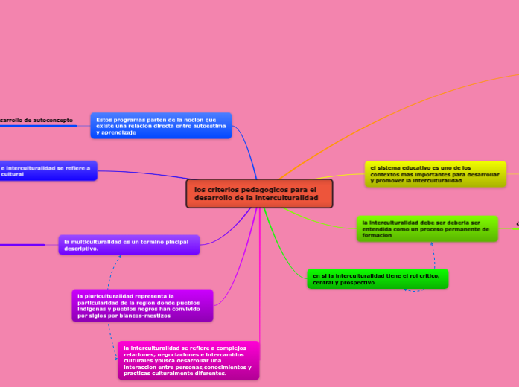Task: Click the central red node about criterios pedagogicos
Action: [259, 193]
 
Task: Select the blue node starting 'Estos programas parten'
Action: [161, 126]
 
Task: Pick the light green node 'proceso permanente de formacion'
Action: [427, 228]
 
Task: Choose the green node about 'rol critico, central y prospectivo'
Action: [377, 278]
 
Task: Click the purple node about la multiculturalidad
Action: [128, 245]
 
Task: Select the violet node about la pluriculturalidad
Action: [141, 305]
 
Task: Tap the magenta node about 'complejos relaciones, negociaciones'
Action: [188, 360]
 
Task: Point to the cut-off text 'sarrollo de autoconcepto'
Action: [36, 119]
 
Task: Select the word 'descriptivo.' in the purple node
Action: [81, 249]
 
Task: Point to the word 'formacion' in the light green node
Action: [378, 236]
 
